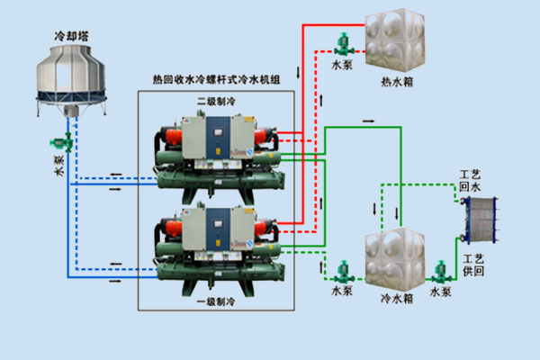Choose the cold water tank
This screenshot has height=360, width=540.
pos(393,256)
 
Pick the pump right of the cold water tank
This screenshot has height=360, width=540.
pos(440,272)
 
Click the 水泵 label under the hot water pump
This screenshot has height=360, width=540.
pos(342,66)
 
